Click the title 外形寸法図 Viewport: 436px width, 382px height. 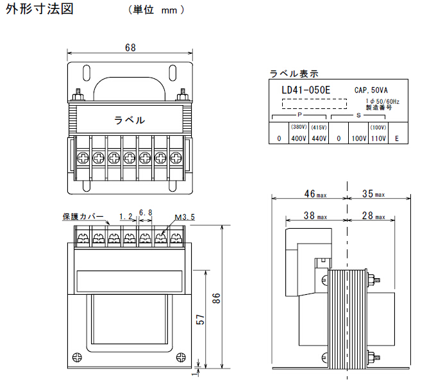pyautogui.click(x=40, y=10)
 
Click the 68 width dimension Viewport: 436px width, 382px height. pyautogui.click(x=130, y=48)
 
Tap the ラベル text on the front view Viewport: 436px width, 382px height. pyautogui.click(x=129, y=120)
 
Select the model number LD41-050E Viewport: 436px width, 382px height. pyautogui.click(x=305, y=90)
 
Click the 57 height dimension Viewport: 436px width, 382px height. pyautogui.click(x=200, y=319)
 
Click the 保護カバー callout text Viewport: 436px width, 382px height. pyautogui.click(x=83, y=217)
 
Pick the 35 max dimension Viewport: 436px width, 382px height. pyautogui.click(x=373, y=194)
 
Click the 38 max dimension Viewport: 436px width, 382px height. pyautogui.click(x=314, y=217)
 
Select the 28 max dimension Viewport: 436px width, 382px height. pyautogui.click(x=371, y=217)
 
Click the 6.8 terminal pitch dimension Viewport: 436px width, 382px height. pyautogui.click(x=145, y=213)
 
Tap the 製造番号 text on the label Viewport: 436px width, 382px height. pyautogui.click(x=376, y=108)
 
